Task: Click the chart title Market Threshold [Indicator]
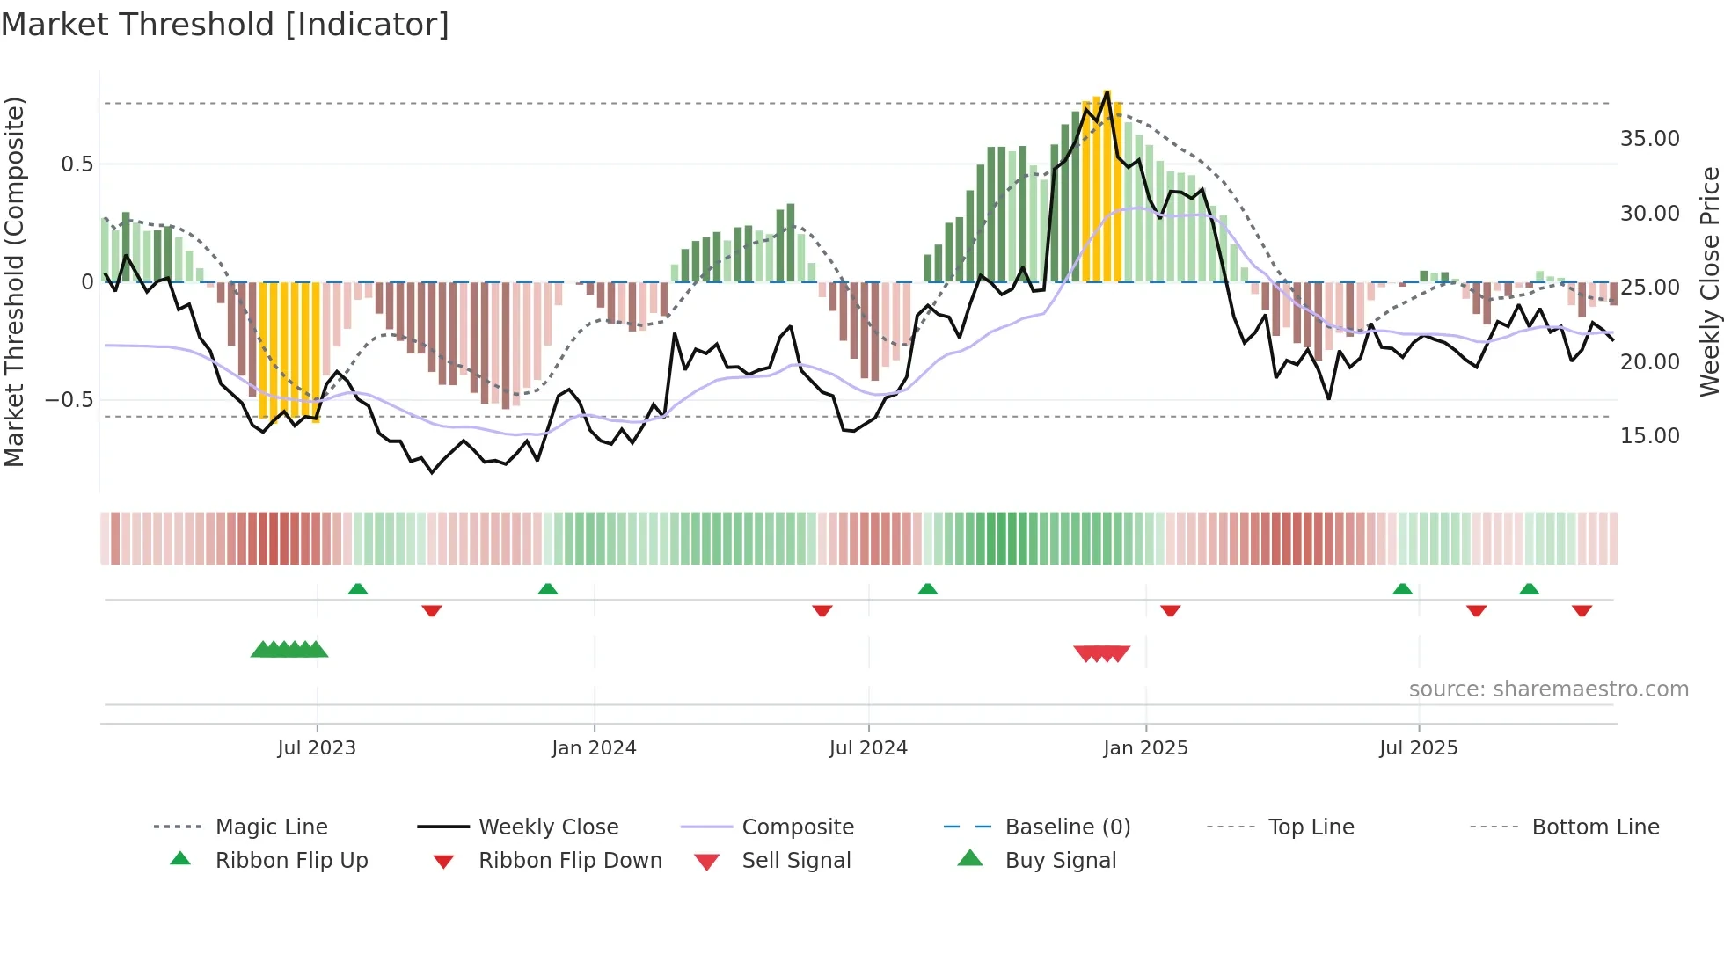pyautogui.click(x=225, y=25)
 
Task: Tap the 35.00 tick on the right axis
pyautogui.click(x=1649, y=139)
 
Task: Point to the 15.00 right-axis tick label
pyautogui.click(x=1649, y=436)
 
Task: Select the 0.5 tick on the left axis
pyautogui.click(x=77, y=164)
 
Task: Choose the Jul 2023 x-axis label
pyautogui.click(x=317, y=748)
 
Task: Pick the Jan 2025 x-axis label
pyautogui.click(x=1145, y=748)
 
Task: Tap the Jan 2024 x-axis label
pyautogui.click(x=594, y=748)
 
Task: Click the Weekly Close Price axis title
pyautogui.click(x=1709, y=281)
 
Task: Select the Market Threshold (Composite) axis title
pyautogui.click(x=14, y=281)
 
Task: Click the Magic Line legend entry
pyautogui.click(x=271, y=827)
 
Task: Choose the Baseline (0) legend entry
pyautogui.click(x=1067, y=827)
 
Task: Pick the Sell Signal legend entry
pyautogui.click(x=796, y=861)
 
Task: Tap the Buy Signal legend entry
pyautogui.click(x=1060, y=861)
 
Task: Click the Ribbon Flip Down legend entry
pyautogui.click(x=570, y=861)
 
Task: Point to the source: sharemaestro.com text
pyautogui.click(x=1548, y=689)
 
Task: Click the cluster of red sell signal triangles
pyautogui.click(x=1101, y=653)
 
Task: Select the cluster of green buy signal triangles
pyautogui.click(x=289, y=650)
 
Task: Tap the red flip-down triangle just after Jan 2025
pyautogui.click(x=1170, y=610)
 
